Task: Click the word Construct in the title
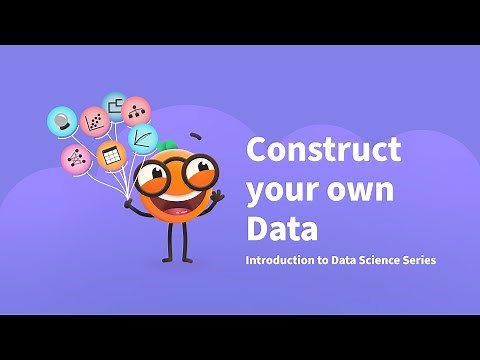point(323,150)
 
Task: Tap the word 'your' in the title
point(282,189)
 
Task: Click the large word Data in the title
point(282,227)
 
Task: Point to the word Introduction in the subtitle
point(284,260)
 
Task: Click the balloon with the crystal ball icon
point(62,121)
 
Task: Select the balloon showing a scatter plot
point(95,122)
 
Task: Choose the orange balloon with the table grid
point(111,156)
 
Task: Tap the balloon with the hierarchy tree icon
point(136,110)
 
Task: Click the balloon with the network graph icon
point(74,157)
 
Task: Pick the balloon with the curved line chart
point(142,138)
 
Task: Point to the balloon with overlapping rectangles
point(115,104)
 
